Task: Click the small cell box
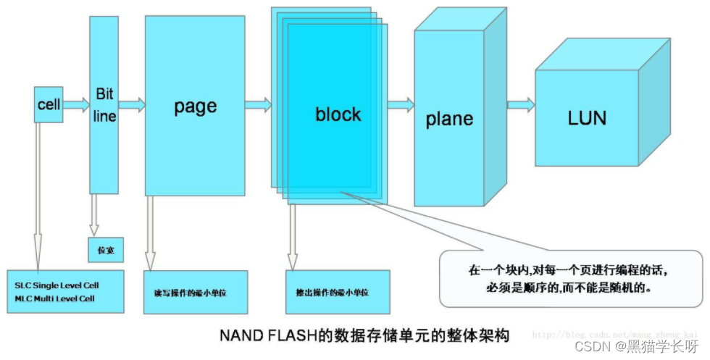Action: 49,105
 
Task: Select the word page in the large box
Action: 195,106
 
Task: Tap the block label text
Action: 338,114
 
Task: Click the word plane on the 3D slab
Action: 449,119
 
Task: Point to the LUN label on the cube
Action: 587,118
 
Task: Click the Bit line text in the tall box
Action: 104,106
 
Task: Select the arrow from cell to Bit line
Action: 76,105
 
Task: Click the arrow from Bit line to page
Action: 131,105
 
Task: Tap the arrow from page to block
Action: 258,106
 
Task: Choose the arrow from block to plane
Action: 400,106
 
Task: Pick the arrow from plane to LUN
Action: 520,106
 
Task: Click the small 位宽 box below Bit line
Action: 106,250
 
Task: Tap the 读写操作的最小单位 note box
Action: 196,292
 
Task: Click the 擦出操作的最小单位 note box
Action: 338,292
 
